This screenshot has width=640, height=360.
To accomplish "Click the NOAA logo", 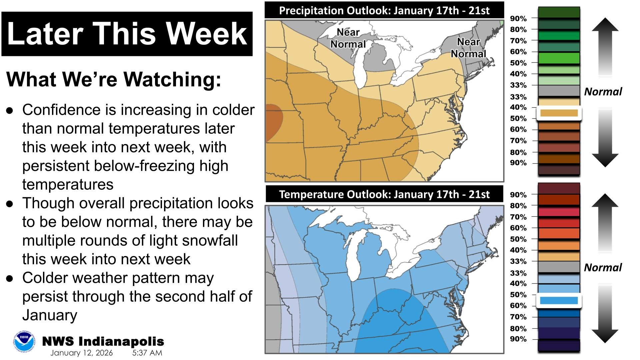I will [x=24, y=342].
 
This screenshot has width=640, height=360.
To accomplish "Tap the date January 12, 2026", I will [x=81, y=353].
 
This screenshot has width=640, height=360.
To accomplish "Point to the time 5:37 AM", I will [x=147, y=353].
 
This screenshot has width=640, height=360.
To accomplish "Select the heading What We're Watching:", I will [x=114, y=79].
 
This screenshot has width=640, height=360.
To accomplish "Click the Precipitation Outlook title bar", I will [x=384, y=10].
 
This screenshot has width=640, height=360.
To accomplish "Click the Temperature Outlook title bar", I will [x=384, y=194].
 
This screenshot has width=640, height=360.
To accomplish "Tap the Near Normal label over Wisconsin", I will [x=348, y=38].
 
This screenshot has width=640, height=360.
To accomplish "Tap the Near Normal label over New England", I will [x=468, y=48].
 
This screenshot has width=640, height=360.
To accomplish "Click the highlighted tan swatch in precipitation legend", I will [x=559, y=113].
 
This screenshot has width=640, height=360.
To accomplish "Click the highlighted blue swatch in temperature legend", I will [x=559, y=301].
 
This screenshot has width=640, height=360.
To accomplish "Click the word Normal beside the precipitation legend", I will [x=603, y=92].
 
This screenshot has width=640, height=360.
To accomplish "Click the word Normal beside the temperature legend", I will [x=603, y=267].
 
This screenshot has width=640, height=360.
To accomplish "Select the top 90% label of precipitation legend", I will [x=518, y=19].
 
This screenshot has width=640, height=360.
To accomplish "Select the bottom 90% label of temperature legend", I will [x=518, y=339].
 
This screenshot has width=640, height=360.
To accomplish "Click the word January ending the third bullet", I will [x=50, y=315].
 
